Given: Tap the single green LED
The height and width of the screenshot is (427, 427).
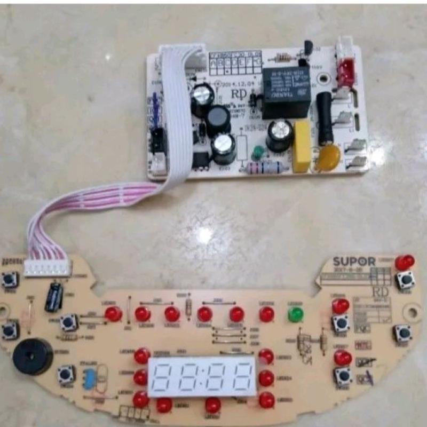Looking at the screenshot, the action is (295, 314).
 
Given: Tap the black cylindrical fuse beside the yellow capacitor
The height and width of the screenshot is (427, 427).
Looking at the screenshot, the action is (325, 118).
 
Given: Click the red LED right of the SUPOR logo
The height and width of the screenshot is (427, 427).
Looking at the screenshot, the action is (405, 262).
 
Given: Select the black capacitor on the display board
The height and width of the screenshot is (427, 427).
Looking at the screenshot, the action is (53, 296).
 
